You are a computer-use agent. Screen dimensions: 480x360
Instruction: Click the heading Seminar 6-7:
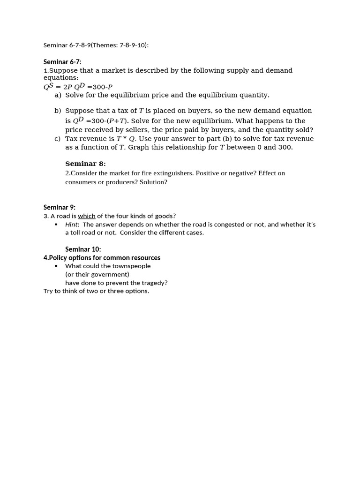pyautogui.click(x=62, y=62)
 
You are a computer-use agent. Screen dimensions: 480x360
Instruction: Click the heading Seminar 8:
pyautogui.click(x=85, y=164)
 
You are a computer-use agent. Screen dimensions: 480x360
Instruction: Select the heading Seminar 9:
pyautogui.click(x=60, y=207)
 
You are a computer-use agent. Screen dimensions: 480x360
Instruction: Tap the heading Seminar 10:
pyautogui.click(x=83, y=249)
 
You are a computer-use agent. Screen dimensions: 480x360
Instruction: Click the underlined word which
pyautogui.click(x=86, y=216)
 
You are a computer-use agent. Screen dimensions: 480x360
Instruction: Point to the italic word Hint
pyautogui.click(x=72, y=225)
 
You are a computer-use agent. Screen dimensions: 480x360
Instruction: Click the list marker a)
pyautogui.click(x=58, y=95)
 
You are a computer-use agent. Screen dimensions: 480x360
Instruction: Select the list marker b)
pyautogui.click(x=58, y=111)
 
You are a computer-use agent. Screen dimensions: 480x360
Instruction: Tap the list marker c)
pyautogui.click(x=57, y=139)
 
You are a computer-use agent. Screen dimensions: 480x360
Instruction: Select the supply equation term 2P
pyautogui.click(x=67, y=87)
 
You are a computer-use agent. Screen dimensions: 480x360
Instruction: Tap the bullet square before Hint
pyautogui.click(x=56, y=225)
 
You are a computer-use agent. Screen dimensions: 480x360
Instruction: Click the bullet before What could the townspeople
pyautogui.click(x=56, y=266)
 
